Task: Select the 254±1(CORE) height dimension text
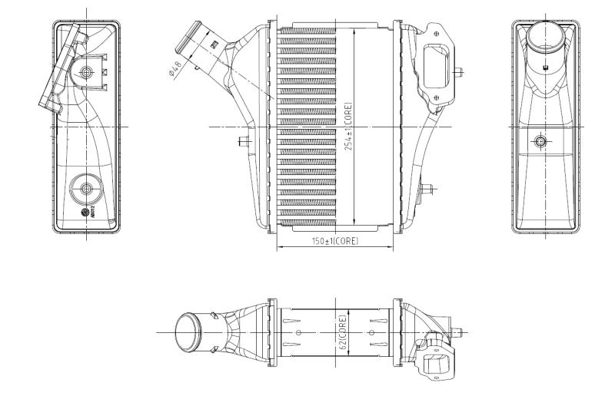348,127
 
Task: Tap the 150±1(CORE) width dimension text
334,241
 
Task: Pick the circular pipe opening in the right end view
546,35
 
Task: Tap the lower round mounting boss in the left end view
85,188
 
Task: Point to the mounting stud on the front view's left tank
245,140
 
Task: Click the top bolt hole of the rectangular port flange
437,33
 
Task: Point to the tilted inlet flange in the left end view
61,69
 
